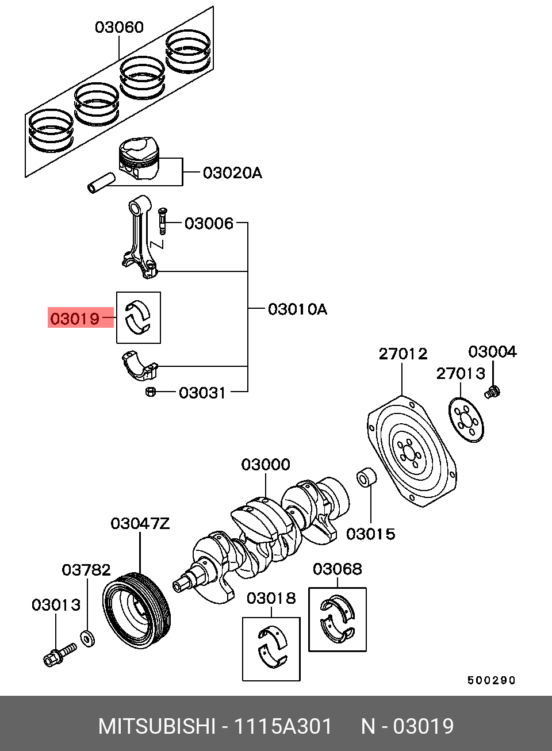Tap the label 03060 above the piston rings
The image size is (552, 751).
pos(119,27)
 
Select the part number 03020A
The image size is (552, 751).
pos(232,173)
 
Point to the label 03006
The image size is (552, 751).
pos(209,223)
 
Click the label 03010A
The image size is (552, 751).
pos(297,309)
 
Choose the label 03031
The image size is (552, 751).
pos(202,393)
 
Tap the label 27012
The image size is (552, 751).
pos(403,354)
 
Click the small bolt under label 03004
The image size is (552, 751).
pos(493,393)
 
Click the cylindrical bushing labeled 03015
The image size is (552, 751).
pos(366,478)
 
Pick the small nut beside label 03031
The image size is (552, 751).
pos(150,392)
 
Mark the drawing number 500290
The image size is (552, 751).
pos(491,680)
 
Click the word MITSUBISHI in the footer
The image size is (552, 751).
pos(156,727)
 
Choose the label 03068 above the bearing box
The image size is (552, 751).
pos(338,569)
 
